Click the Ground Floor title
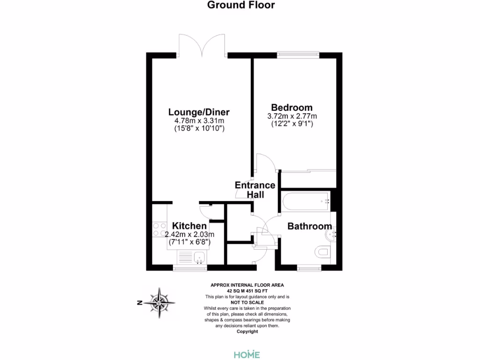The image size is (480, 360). click(x=241, y=5)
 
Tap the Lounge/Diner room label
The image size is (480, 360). click(x=199, y=112)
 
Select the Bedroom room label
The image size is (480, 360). click(x=292, y=107)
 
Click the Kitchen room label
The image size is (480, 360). click(x=189, y=226)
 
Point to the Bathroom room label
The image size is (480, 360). click(x=309, y=226)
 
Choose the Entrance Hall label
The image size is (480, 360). click(x=255, y=190)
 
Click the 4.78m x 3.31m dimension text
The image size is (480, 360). click(x=199, y=120)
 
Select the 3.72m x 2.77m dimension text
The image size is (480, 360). click(x=292, y=116)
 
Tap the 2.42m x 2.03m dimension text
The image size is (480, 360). click(x=189, y=234)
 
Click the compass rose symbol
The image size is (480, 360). click(x=160, y=302)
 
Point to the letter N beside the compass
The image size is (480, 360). click(x=140, y=303)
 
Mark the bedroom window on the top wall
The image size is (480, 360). click(x=298, y=54)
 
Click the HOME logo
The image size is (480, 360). click(x=247, y=354)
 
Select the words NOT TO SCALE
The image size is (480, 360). click(x=247, y=302)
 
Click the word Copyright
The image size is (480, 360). click(x=247, y=331)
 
